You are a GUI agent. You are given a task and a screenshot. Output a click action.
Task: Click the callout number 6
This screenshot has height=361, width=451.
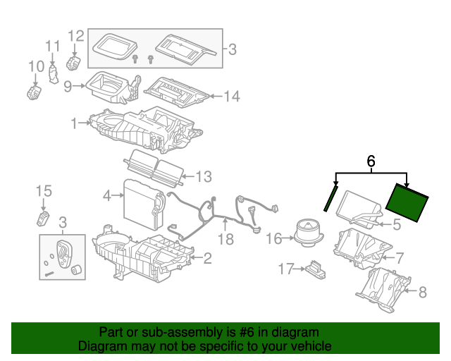(x=371, y=161)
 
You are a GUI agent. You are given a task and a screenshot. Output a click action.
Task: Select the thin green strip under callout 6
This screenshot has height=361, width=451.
(x=330, y=197)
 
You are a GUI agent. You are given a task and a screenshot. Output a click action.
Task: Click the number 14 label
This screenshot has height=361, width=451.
(x=231, y=97)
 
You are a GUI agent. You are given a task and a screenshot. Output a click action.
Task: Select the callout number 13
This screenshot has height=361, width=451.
(x=203, y=176)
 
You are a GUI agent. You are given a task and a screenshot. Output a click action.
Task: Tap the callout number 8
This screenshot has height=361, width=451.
(x=423, y=291)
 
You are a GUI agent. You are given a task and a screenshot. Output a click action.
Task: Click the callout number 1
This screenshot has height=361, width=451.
(x=73, y=124)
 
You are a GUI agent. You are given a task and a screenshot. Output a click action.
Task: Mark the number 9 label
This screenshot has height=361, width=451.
(x=68, y=87)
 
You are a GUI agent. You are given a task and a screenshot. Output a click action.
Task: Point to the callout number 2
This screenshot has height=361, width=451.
(x=207, y=258)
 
